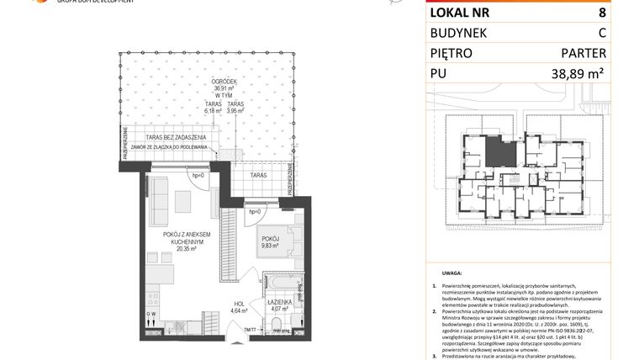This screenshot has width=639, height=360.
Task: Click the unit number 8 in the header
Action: pos(601,13)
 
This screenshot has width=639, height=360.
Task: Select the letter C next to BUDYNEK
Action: pos(601,33)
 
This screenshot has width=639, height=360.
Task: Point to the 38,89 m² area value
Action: pos(578,74)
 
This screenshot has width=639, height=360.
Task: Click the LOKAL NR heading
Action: pos(461,13)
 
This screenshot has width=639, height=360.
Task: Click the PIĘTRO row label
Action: pos(451,53)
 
